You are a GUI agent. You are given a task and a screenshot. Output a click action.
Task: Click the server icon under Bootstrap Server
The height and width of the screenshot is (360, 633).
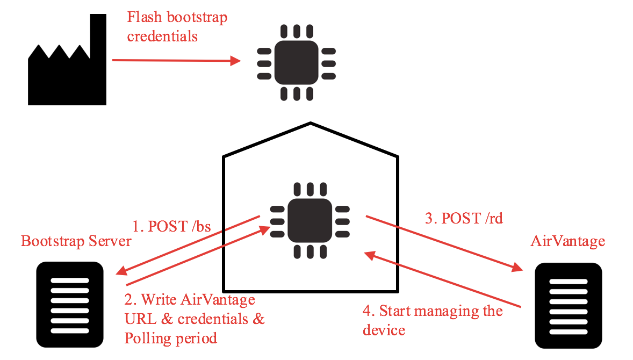pyautogui.click(x=69, y=304)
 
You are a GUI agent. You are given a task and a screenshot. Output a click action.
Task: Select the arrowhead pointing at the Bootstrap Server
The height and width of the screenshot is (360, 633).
pyautogui.click(x=120, y=271)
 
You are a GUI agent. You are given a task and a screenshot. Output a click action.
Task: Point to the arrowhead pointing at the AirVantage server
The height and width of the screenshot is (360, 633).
pyautogui.click(x=517, y=267)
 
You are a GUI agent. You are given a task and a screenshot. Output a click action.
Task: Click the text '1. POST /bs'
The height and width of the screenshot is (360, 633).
pyautogui.click(x=171, y=225)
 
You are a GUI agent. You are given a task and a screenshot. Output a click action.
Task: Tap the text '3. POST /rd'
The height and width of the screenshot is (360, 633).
pyautogui.click(x=464, y=218)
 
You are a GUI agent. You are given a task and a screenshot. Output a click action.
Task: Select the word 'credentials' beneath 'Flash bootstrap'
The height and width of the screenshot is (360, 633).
pyautogui.click(x=162, y=37)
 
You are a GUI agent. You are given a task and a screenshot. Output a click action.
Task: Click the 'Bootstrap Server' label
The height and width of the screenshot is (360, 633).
pyautogui.click(x=76, y=241)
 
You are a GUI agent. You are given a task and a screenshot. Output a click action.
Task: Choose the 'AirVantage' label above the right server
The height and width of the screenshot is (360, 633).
pyautogui.click(x=568, y=241)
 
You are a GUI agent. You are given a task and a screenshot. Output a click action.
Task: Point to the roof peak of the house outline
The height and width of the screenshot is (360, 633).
pyautogui.click(x=311, y=123)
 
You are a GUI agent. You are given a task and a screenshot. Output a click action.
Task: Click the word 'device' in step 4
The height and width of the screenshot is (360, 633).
pyautogui.click(x=384, y=329)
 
